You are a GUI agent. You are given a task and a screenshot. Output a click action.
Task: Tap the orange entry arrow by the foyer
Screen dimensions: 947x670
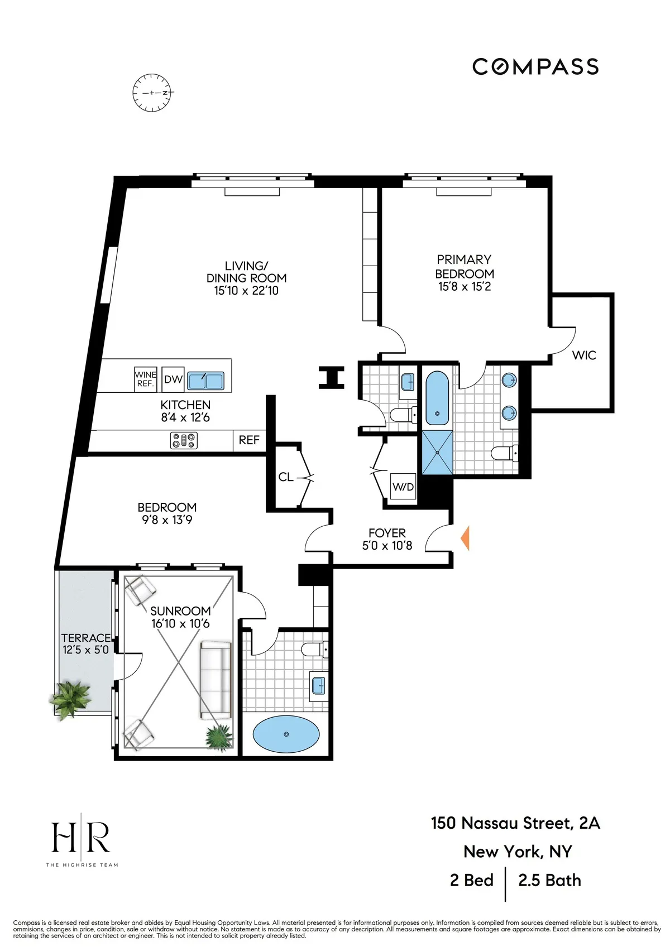(x=465, y=539)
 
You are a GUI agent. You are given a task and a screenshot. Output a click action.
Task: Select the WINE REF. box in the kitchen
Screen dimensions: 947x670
(x=146, y=379)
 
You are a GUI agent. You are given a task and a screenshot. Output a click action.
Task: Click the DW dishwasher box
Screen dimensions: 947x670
(x=173, y=379)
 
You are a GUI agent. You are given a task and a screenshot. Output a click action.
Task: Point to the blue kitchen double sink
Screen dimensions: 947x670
(x=205, y=381)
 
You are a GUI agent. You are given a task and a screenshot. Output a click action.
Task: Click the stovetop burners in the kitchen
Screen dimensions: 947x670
(x=184, y=441)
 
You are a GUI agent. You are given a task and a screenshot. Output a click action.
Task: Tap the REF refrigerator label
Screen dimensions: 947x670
(x=249, y=440)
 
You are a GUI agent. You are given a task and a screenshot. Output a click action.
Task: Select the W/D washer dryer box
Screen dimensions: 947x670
(x=403, y=487)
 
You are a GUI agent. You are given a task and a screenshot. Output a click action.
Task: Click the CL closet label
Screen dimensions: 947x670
(x=286, y=477)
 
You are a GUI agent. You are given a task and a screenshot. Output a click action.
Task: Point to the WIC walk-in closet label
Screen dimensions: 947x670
(x=584, y=355)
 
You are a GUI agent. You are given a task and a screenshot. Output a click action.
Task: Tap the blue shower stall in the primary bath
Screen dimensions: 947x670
(x=437, y=453)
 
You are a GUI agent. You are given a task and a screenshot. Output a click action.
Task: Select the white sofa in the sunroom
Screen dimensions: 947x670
(x=216, y=680)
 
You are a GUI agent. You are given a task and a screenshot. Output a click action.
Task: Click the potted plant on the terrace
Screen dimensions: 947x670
(x=70, y=698)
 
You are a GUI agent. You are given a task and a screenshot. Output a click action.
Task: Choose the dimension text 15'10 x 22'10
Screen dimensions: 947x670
(x=246, y=291)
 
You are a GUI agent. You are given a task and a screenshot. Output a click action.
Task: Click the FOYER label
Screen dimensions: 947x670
(x=387, y=533)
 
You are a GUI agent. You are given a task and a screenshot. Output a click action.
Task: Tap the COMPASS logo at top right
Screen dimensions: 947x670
(x=535, y=67)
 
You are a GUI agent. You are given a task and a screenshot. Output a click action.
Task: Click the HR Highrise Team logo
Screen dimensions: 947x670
(x=82, y=840)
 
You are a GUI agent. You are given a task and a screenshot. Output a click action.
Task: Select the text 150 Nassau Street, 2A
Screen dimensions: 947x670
(x=515, y=823)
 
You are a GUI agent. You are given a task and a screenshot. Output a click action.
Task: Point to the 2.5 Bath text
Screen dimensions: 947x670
(x=549, y=881)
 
